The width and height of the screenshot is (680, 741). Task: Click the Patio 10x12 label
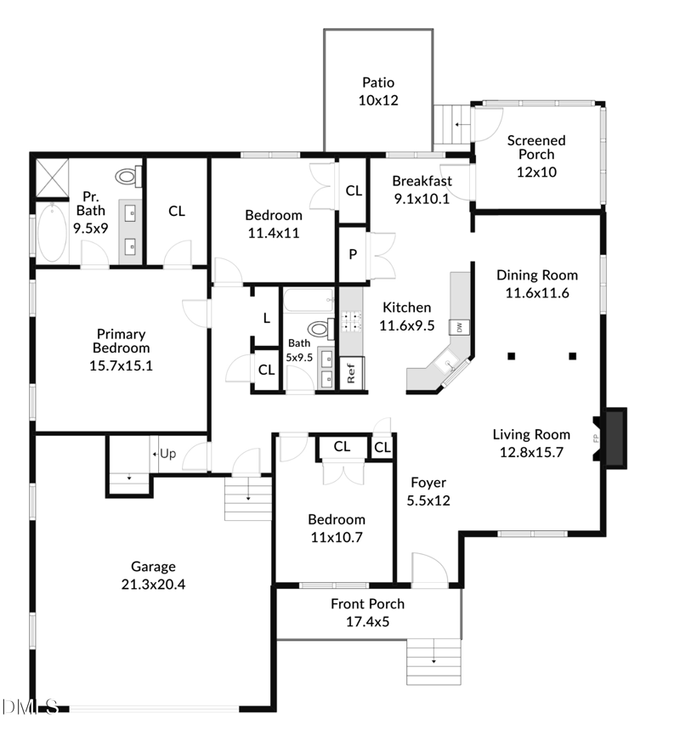(378, 91)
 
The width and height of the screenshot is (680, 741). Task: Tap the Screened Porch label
(535, 155)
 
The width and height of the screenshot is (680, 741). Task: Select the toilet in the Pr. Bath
(128, 177)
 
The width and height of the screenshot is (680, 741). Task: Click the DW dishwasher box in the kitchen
(460, 327)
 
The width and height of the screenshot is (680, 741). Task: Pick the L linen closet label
(266, 318)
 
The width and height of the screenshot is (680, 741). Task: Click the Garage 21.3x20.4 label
(153, 574)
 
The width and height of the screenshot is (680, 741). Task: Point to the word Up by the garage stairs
(167, 454)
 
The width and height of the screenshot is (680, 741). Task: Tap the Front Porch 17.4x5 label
(367, 612)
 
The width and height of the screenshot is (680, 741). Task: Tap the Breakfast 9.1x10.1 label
(422, 189)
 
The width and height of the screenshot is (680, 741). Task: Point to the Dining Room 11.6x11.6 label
(536, 283)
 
